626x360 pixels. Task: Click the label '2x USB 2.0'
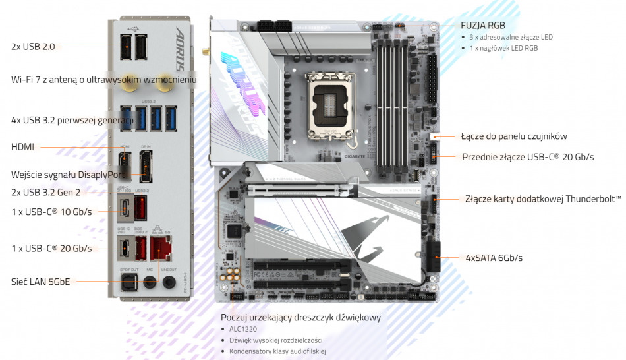(33, 47)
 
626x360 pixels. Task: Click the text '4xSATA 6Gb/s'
(494, 258)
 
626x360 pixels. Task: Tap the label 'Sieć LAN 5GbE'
(40, 282)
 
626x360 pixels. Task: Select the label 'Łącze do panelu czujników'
(514, 136)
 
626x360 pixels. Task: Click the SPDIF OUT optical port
(129, 282)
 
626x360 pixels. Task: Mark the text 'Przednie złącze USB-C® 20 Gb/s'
(528, 157)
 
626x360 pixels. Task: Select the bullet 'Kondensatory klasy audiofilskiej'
(277, 351)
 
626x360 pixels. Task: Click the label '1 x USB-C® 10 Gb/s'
(51, 212)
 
